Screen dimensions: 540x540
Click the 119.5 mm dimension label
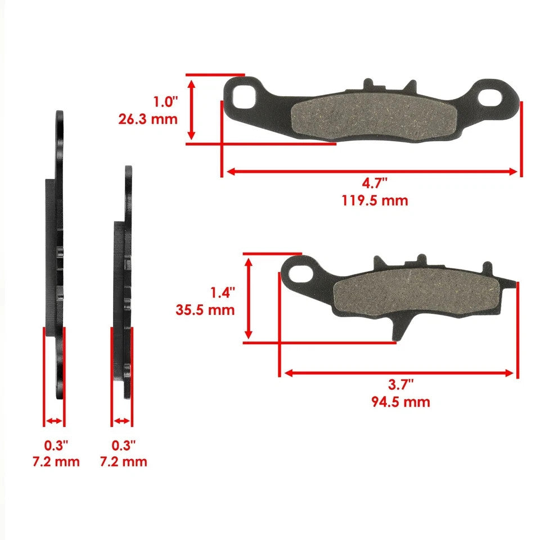[374, 200]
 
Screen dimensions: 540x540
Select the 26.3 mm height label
[148, 119]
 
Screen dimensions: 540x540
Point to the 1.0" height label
[165, 102]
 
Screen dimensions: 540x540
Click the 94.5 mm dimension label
[400, 402]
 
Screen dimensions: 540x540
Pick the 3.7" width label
[400, 385]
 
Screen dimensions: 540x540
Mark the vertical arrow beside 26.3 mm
[192, 109]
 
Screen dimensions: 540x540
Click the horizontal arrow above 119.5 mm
[371, 171]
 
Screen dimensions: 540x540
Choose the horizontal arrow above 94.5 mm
[399, 372]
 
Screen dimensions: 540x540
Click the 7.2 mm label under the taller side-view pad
[56, 462]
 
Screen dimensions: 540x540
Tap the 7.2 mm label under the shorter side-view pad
[123, 462]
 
